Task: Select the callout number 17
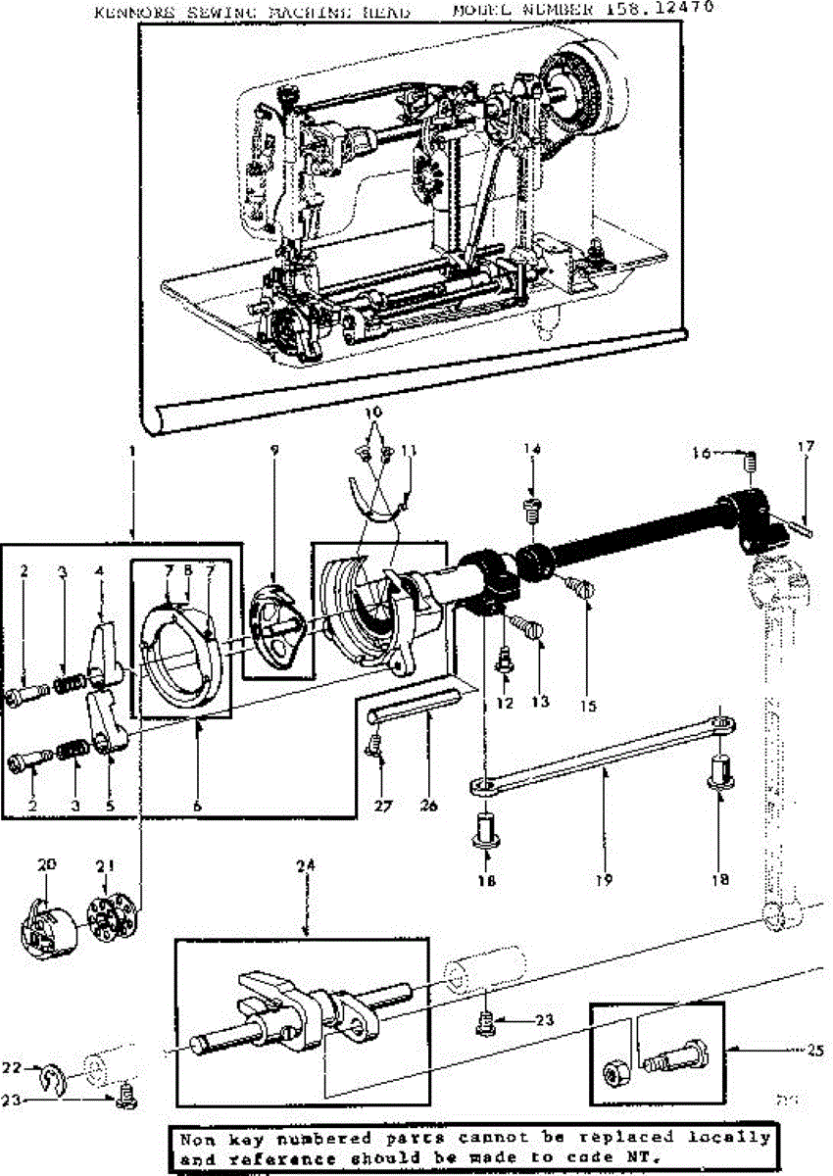[x=806, y=448]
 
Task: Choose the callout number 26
[x=427, y=806]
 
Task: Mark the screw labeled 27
[x=373, y=750]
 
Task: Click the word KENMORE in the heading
[x=132, y=13]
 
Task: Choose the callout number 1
[x=132, y=455]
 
